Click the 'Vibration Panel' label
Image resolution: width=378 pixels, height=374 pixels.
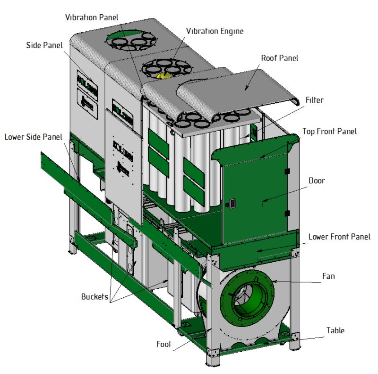pyautogui.click(x=92, y=18)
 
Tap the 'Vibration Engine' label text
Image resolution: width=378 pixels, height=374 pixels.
pyautogui.click(x=215, y=31)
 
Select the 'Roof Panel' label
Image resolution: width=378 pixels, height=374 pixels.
pyautogui.click(x=280, y=58)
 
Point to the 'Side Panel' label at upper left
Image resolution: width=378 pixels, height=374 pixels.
pyautogui.click(x=44, y=45)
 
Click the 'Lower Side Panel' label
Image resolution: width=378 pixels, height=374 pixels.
pyautogui.click(x=34, y=137)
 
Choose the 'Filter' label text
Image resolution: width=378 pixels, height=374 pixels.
pyautogui.click(x=315, y=100)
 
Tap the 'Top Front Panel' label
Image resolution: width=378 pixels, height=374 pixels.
pyautogui.click(x=329, y=131)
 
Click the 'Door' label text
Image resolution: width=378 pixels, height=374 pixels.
pyautogui.click(x=317, y=180)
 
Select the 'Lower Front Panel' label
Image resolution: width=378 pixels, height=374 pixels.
pyautogui.click(x=339, y=237)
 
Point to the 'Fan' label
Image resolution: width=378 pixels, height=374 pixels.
pyautogui.click(x=328, y=276)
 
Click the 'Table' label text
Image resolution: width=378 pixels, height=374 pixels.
pyautogui.click(x=335, y=330)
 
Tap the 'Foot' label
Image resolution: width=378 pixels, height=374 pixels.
pyautogui.click(x=164, y=344)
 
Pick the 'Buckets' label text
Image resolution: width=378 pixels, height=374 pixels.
pyautogui.click(x=94, y=296)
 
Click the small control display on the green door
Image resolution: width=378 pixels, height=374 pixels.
pyautogui.click(x=232, y=204)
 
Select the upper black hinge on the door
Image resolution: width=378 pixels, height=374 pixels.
pyautogui.click(x=287, y=171)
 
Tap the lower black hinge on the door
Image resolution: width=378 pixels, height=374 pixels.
pyautogui.click(x=287, y=214)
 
